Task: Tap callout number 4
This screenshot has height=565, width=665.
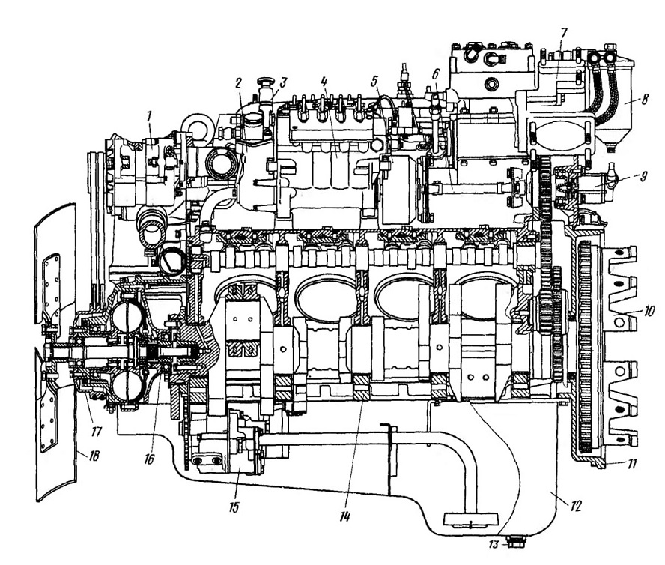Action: pos(324,81)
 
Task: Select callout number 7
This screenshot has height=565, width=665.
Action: pos(564,33)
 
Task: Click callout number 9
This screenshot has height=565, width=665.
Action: pos(643,175)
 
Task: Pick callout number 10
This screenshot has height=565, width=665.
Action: pos(649,311)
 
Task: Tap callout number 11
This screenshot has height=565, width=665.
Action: pos(631,464)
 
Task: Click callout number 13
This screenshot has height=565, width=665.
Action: pos(494,544)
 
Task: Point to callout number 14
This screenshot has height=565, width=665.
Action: pos(344,516)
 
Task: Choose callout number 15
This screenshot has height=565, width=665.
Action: pos(234,507)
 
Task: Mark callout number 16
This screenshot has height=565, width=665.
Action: pos(149,459)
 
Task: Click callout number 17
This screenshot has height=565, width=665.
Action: pos(97,432)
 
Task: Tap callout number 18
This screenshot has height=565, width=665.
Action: pos(94,456)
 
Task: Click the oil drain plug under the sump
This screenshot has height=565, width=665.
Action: pos(514,541)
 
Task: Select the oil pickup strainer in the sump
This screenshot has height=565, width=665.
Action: pos(471,519)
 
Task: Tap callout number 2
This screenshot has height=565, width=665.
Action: pos(239,83)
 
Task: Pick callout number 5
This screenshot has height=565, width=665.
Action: pos(374,81)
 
